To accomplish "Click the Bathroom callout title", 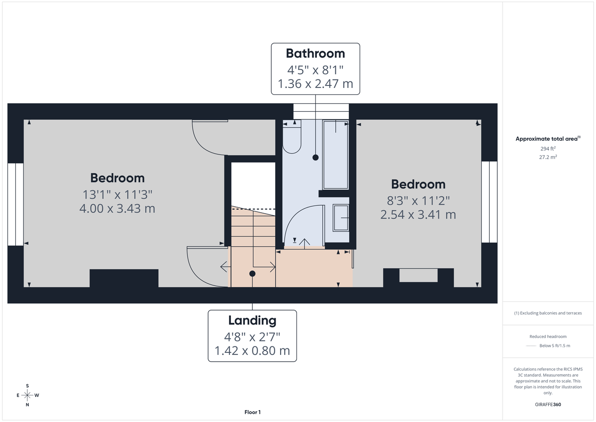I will point(315,53).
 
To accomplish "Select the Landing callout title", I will point(252,320).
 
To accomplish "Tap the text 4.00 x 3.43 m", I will point(117,208).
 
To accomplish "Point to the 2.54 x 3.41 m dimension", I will point(418,215).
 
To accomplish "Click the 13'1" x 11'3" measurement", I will point(117,194).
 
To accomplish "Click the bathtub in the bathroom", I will point(336,154).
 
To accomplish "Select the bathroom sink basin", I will point(341,218).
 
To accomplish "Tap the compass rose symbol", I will point(27,395).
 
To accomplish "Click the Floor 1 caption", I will point(252,412).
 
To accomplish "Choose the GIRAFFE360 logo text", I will point(548,405).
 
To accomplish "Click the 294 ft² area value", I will point(548,149).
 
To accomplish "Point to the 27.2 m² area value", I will point(548,157).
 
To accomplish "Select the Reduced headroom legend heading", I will point(548,337).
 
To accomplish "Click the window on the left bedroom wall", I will point(15,204).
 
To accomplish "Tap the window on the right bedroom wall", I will point(489,201).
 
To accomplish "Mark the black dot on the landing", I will point(252,274).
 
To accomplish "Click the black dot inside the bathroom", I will point(315,158).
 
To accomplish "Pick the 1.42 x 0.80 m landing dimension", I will point(252,351).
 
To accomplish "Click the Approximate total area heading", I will point(548,139).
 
